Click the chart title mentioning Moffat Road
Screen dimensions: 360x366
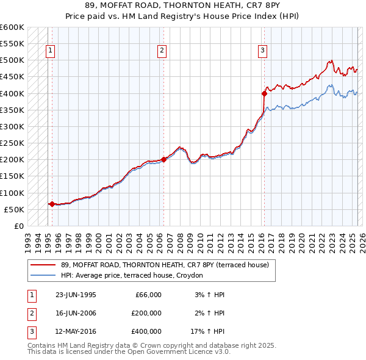coord(183,7)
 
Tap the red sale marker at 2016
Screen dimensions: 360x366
coord(264,93)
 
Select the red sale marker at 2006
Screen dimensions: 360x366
coord(164,160)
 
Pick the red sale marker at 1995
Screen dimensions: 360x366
coord(52,204)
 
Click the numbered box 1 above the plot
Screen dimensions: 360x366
coord(50,51)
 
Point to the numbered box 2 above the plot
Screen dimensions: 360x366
coord(162,51)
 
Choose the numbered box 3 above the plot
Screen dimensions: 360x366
coord(262,51)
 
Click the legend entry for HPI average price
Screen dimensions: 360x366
coord(132,275)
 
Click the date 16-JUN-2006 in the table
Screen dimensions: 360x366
coord(76,313)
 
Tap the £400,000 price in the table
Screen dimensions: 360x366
coord(146,332)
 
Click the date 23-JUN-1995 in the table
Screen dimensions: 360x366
coord(76,294)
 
